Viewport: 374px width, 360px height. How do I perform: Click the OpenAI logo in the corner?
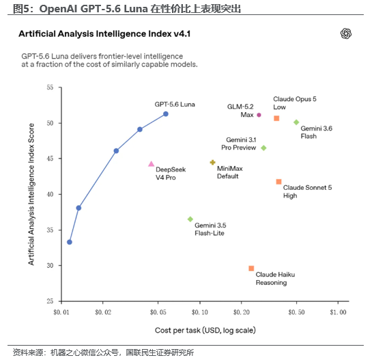coord(346,33)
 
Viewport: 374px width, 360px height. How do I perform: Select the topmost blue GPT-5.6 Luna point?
coord(166,114)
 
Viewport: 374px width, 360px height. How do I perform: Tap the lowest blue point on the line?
coord(70,242)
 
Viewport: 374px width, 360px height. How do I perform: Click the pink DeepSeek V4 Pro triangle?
coord(152,164)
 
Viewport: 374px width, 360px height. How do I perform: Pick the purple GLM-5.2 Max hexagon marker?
coord(259,115)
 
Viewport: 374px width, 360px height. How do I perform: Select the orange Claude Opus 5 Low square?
coord(276,118)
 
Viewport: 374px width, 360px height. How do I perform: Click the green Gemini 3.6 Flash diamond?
coord(296,122)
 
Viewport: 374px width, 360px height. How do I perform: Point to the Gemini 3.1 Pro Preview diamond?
coord(263,148)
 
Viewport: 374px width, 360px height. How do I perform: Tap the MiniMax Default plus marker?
coord(212,163)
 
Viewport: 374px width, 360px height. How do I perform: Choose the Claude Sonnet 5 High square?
coord(278,182)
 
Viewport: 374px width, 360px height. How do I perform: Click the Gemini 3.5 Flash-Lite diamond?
coord(190,219)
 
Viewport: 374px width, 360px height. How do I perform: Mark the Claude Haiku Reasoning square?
coord(251,268)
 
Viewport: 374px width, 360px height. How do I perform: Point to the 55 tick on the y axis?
coord(50,87)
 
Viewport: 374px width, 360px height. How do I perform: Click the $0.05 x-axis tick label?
coord(158,312)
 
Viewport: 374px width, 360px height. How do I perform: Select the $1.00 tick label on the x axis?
coord(338,312)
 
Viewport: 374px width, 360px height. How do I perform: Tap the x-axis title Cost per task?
coord(205,331)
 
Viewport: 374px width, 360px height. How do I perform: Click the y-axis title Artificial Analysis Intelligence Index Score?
coord(31,194)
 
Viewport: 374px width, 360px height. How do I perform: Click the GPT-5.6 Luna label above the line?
coord(175,105)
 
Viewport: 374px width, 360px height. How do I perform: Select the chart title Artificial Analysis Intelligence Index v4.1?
coord(104,33)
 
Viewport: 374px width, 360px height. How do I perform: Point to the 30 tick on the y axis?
coord(50,266)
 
